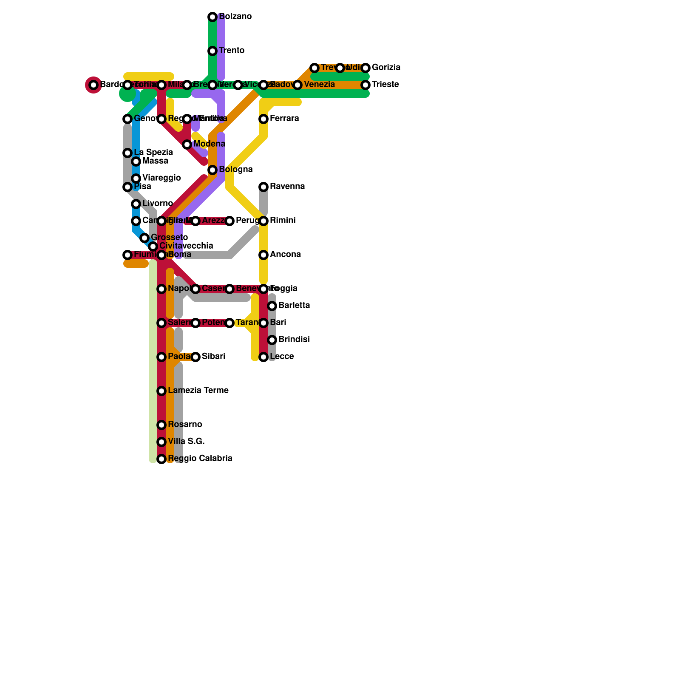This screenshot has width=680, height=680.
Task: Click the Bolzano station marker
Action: pos(212,17)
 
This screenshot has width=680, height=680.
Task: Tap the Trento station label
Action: pos(232,51)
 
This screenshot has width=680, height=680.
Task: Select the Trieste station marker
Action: pos(365,85)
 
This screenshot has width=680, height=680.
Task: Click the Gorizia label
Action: pos(386,68)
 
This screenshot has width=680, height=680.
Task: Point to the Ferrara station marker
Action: pos(263,119)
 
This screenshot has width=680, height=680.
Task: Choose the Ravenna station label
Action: pos(287,187)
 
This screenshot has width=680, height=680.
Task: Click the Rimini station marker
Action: pos(263,221)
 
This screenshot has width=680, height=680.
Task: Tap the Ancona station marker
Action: pos(263,255)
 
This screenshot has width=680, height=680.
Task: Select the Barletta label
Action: pos(294,306)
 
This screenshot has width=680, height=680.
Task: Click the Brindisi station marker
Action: pos(272,340)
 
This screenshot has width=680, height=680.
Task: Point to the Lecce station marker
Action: pos(263,357)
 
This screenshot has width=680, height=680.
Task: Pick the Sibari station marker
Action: pos(195,357)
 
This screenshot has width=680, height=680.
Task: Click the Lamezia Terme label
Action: pos(198,391)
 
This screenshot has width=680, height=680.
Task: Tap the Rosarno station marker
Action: pos(161,425)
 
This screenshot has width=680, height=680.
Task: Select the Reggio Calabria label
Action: pos(200,459)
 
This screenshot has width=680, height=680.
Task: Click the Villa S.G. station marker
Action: pos(161,442)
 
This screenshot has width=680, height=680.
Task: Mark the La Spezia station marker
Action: pos(127,153)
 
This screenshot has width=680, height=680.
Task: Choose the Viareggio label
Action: pos(161,178)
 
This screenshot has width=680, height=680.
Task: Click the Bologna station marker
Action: pos(212,170)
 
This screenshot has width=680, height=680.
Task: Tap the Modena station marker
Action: pos(187,144)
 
